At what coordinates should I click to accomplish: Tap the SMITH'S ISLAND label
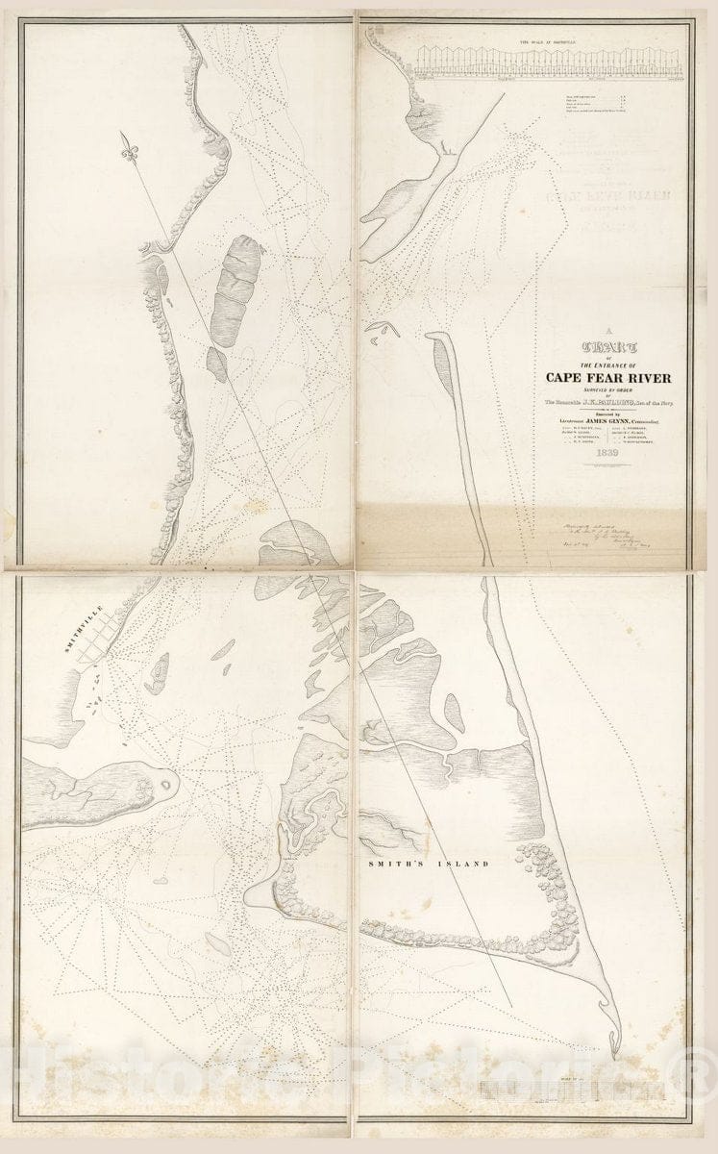[x=429, y=864]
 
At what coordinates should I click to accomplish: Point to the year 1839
[x=608, y=452]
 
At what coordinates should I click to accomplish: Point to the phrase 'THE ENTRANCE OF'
[x=607, y=364]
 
